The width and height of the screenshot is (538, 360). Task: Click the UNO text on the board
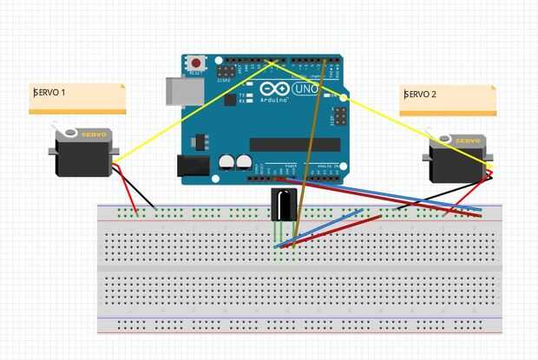point(306,89)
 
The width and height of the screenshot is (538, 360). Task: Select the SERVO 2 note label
point(448,100)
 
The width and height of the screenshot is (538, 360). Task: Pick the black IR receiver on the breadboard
point(284,204)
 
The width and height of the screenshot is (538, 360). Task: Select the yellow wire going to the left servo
point(191,111)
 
